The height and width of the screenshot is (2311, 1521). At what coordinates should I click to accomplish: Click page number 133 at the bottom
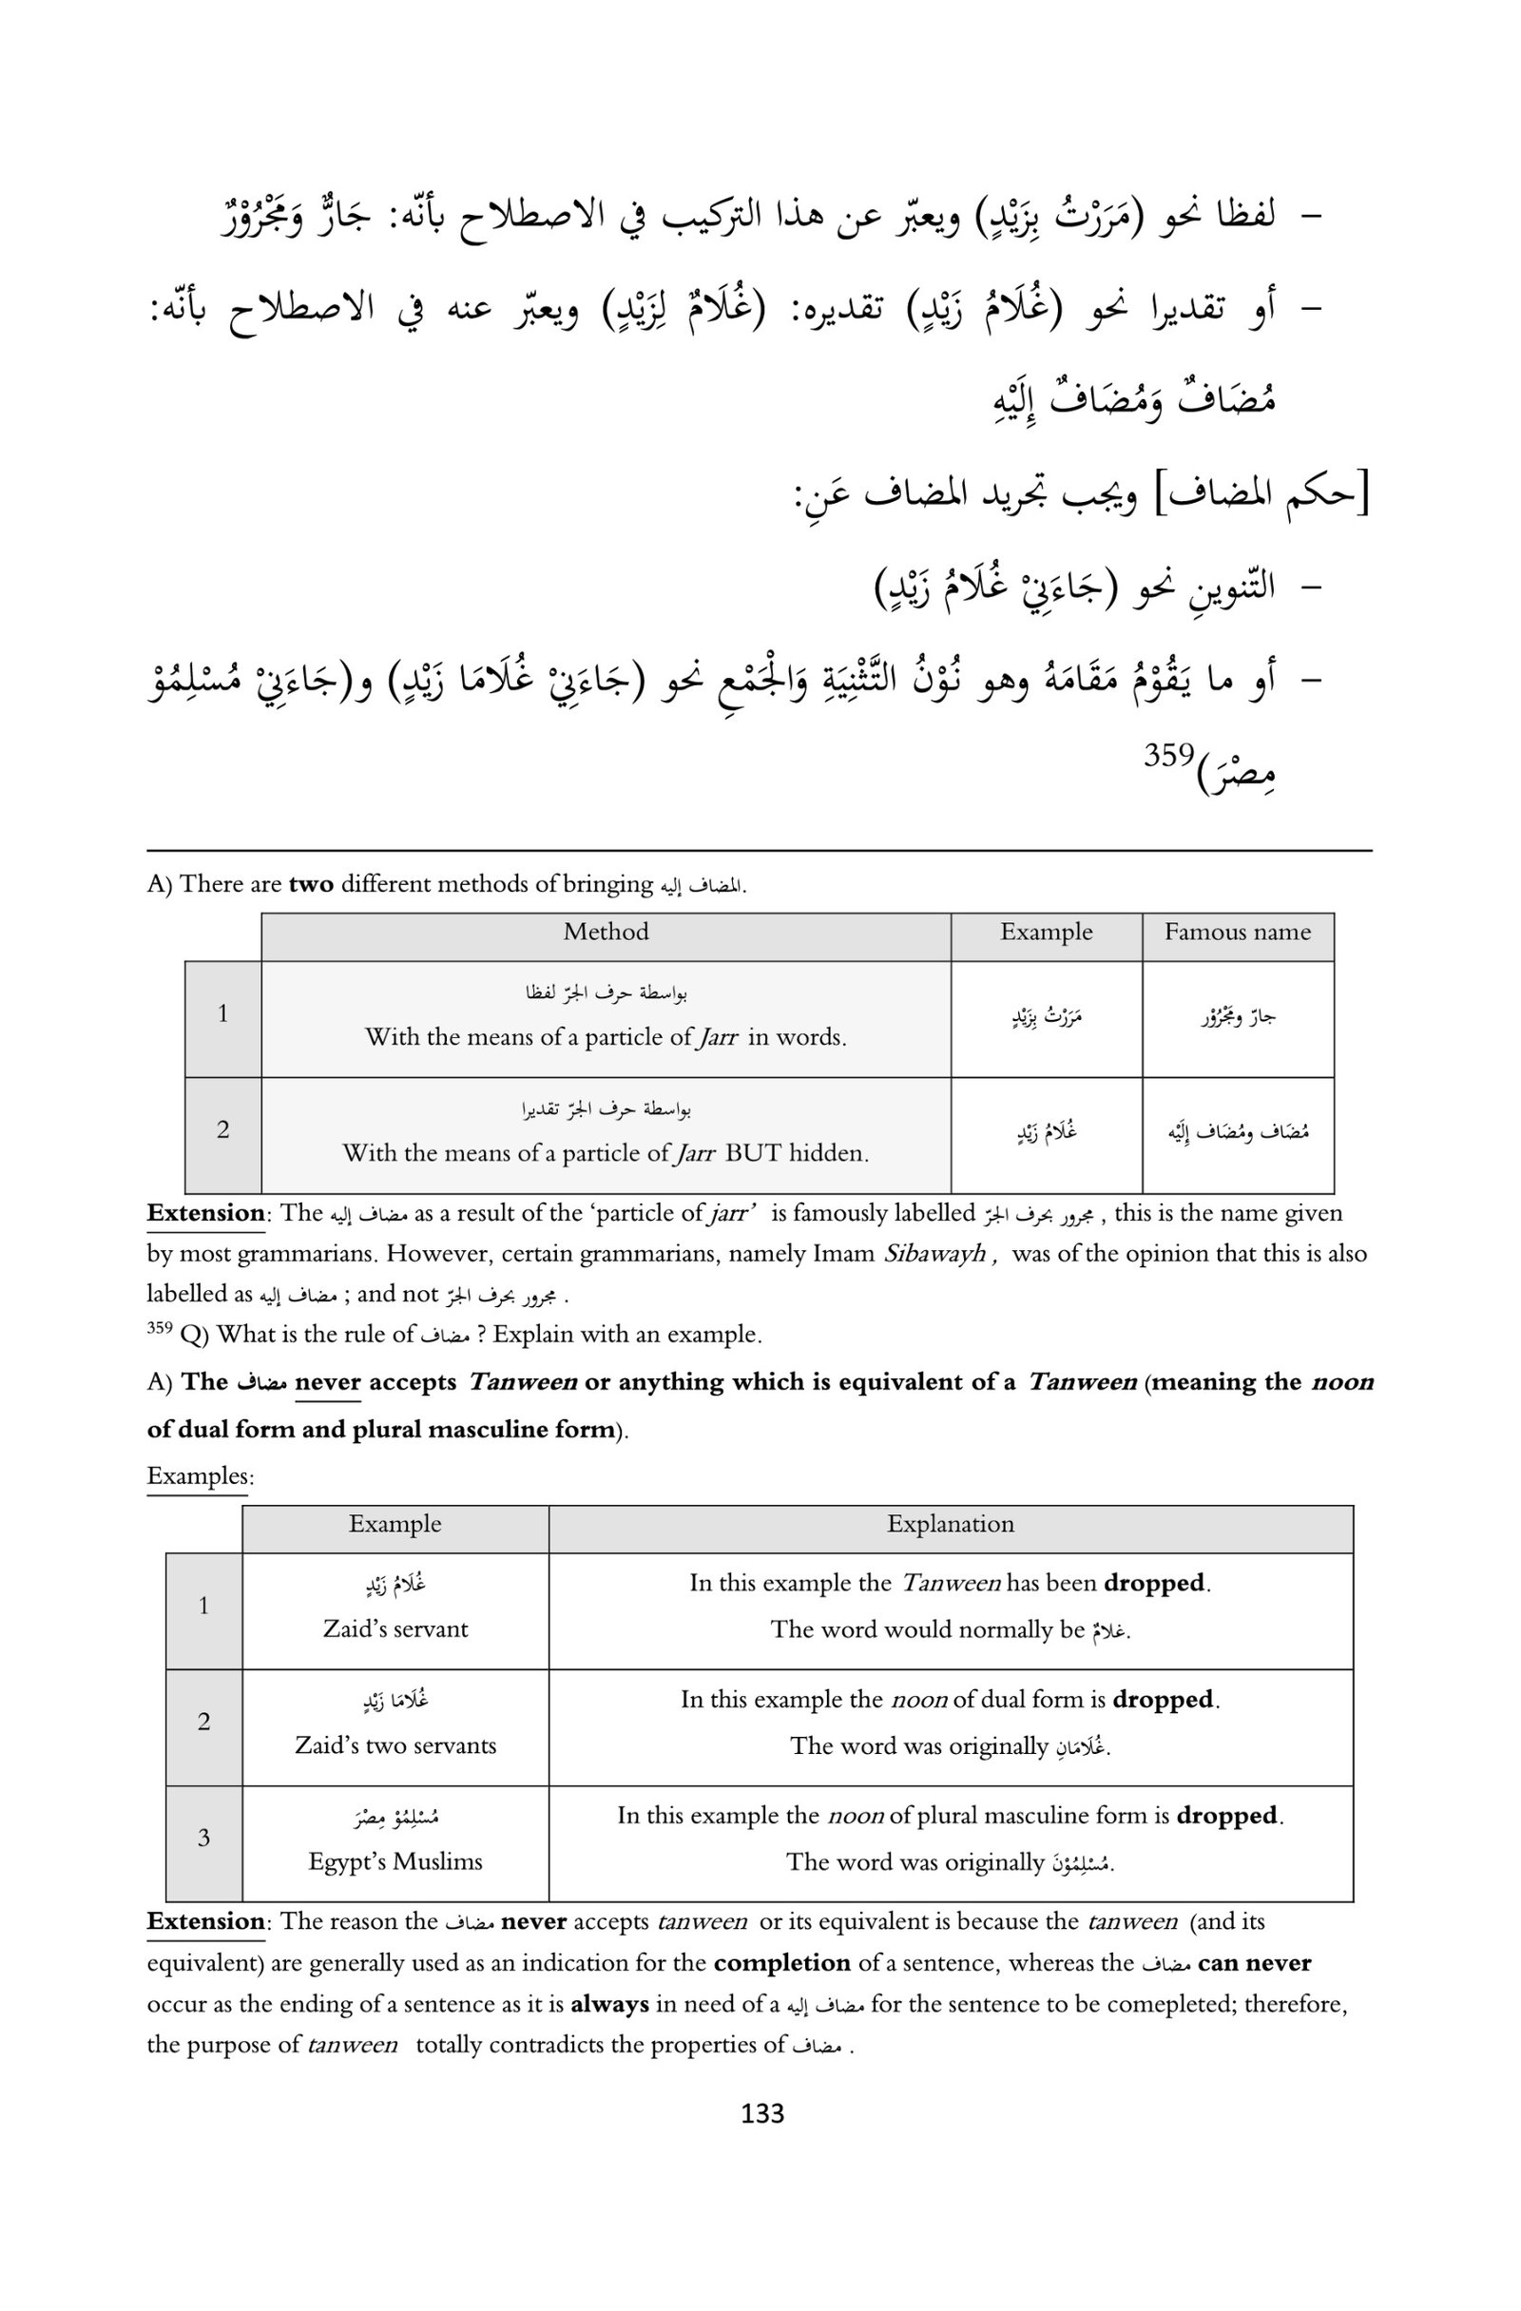(760, 2113)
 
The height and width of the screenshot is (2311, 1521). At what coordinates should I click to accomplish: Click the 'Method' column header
(606, 933)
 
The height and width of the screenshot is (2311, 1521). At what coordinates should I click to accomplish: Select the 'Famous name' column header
(1237, 933)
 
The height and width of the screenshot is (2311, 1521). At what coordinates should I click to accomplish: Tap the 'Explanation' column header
(949, 1524)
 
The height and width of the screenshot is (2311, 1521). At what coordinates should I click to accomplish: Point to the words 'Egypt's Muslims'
(395, 1860)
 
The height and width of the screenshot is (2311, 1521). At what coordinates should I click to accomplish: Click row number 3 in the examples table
(204, 1838)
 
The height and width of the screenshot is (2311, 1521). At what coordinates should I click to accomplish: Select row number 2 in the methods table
(222, 1129)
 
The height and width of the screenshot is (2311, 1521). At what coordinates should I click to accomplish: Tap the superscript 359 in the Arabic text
(1167, 755)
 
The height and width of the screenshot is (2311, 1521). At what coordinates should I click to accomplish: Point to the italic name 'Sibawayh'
(934, 1254)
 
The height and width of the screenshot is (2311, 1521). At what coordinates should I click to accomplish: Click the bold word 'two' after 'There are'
(311, 884)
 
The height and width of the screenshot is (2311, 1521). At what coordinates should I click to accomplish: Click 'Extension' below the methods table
(205, 1213)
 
